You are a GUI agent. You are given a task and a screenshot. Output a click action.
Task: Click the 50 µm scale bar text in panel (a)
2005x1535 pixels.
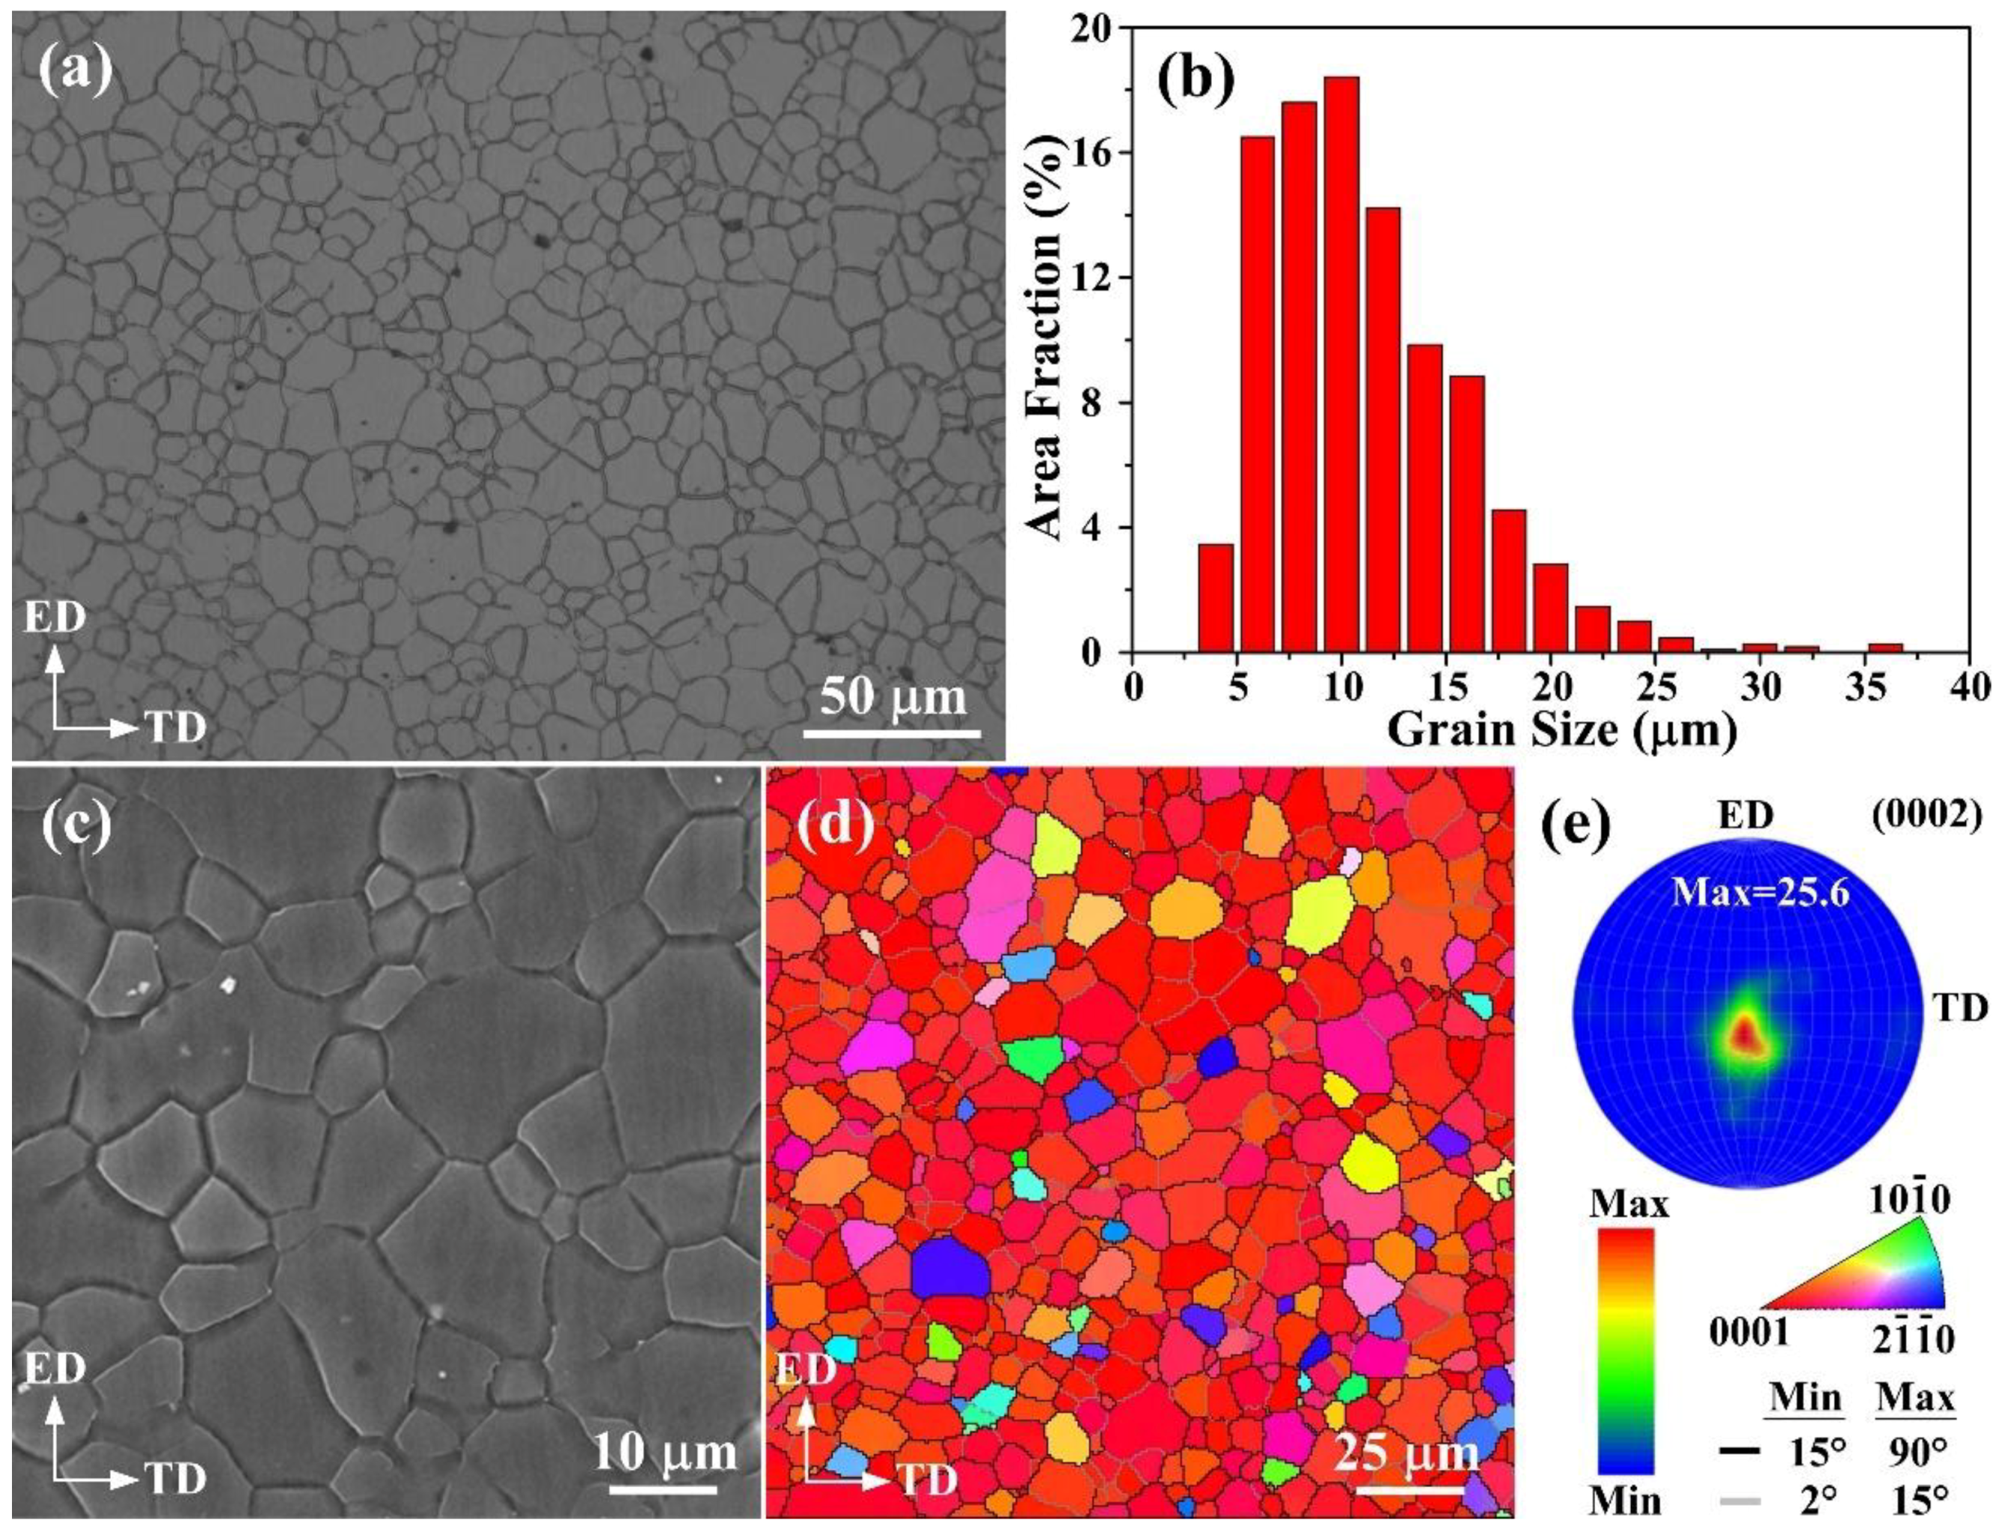[893, 697]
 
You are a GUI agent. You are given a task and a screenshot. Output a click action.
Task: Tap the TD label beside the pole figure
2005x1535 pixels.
[1959, 1008]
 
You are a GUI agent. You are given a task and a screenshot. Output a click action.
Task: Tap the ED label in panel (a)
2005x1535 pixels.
[55, 617]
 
